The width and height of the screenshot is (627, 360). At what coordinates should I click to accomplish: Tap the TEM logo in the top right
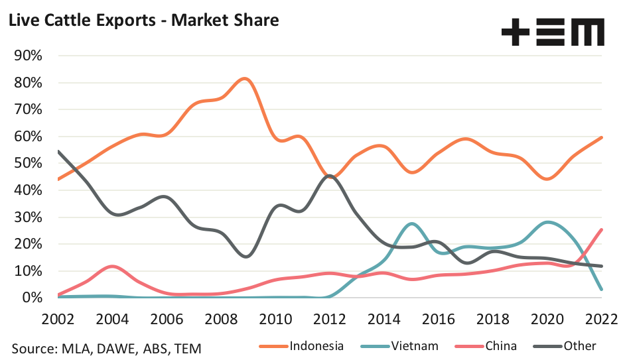point(553,31)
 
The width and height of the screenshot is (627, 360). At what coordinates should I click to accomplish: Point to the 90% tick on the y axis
point(28,56)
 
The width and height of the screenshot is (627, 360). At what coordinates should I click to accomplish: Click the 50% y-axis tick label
point(28,163)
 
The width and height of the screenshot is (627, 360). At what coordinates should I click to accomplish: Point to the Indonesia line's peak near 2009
point(245,79)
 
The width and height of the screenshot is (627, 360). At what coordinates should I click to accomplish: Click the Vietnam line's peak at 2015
point(411,223)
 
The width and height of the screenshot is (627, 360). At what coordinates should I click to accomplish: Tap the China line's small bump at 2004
point(113,267)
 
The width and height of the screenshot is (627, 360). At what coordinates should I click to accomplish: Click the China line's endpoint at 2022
point(601,229)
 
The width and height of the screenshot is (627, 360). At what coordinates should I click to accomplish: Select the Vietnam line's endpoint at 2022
point(601,289)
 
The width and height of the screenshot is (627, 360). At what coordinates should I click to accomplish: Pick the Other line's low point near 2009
point(245,256)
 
